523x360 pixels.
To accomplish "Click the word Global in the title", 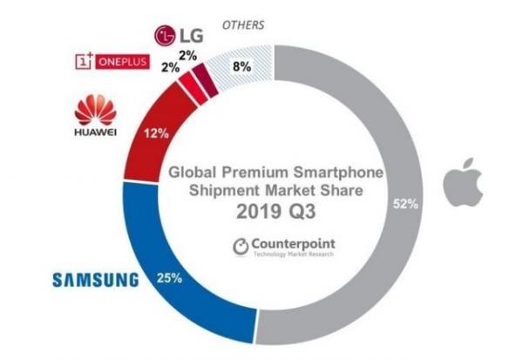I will [x=193, y=172].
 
